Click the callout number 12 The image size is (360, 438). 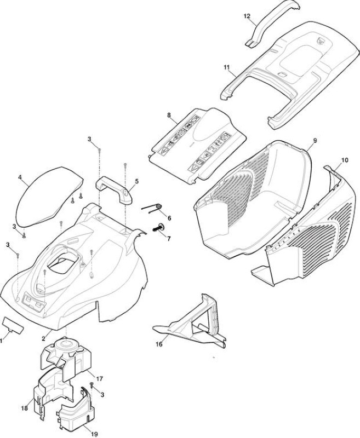tap(247, 16)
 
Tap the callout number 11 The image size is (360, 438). tap(226, 67)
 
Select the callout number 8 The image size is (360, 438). tap(169, 115)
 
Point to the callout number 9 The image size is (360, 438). tap(315, 141)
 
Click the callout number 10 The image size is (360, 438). tap(345, 160)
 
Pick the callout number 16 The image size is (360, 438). tap(159, 344)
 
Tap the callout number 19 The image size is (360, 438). tap(94, 434)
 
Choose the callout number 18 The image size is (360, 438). tap(24, 408)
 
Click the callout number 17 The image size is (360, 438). tap(100, 379)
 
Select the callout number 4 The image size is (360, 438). tap(20, 177)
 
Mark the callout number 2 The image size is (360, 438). tap(43, 339)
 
